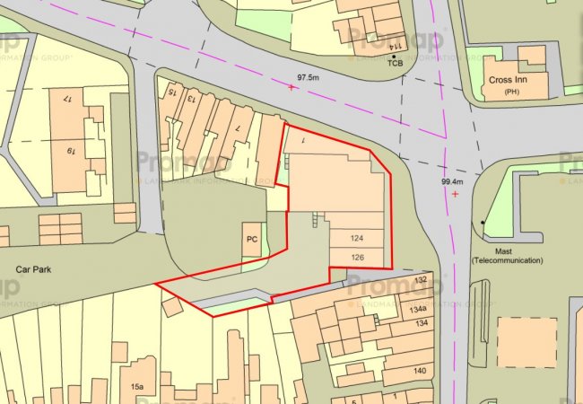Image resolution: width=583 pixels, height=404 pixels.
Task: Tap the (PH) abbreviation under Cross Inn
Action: [511, 92]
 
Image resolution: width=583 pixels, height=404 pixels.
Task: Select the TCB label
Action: [395, 64]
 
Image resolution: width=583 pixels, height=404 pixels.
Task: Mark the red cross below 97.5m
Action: [291, 88]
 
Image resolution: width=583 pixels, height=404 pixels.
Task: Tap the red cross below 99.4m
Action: [457, 193]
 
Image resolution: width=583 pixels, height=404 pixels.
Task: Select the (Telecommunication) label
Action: [508, 260]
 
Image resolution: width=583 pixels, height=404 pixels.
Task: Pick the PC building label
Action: [252, 240]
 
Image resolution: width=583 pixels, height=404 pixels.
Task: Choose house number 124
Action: [358, 239]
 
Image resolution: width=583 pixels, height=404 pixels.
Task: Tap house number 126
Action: [358, 259]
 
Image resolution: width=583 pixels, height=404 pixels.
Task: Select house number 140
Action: [418, 370]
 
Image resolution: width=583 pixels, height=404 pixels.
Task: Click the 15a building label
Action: [136, 387]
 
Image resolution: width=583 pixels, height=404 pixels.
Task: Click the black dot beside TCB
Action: [393, 56]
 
